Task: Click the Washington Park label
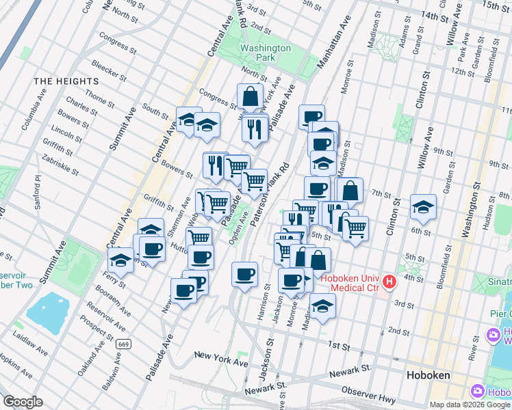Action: (265, 53)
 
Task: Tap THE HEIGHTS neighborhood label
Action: (66, 81)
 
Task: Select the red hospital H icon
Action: (389, 282)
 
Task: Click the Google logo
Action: (23, 401)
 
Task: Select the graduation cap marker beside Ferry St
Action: (121, 260)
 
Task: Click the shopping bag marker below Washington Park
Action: (251, 96)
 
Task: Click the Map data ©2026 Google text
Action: (468, 404)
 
